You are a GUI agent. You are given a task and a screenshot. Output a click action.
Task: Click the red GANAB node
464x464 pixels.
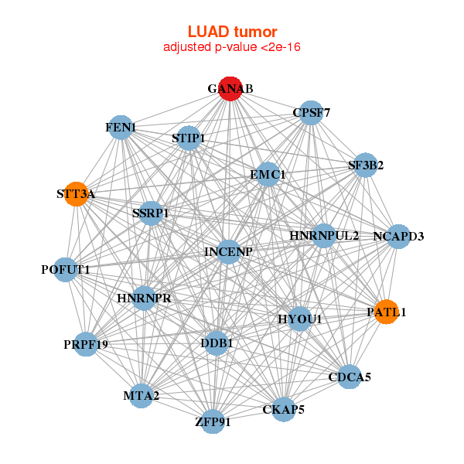coord(230,89)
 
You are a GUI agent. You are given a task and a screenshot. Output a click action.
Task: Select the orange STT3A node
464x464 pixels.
coord(76,194)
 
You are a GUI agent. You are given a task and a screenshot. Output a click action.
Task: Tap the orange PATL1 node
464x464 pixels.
coord(386,312)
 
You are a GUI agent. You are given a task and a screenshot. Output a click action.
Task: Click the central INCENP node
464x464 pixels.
coord(228,251)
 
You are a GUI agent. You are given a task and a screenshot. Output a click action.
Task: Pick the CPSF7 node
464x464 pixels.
coord(311,113)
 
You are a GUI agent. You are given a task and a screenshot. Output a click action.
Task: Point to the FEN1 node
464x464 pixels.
coord(121,127)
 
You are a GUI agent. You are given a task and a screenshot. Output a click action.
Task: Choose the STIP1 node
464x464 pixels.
coord(189,138)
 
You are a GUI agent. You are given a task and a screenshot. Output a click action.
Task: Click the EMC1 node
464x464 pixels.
coord(268,175)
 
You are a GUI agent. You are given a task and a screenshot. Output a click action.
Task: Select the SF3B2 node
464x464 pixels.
coord(365,165)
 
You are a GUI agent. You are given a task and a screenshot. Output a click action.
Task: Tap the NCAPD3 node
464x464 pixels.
coord(398,236)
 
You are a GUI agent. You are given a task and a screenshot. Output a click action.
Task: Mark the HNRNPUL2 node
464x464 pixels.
coord(324,235)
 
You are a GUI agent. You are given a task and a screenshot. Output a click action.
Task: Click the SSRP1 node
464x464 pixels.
coord(151,213)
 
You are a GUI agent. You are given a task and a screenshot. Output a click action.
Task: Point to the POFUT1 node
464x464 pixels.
coord(66,270)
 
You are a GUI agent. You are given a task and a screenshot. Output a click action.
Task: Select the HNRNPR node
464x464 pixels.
coord(145,298)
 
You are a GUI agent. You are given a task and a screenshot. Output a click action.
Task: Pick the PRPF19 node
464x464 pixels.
coord(86,344)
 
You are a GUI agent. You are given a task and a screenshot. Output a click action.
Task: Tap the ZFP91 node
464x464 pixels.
coord(213,422)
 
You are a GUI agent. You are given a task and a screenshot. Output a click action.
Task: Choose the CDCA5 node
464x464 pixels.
coord(350,377)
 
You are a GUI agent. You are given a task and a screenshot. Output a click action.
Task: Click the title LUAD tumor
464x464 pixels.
coord(232,32)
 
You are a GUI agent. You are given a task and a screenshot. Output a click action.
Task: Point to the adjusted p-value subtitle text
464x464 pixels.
coord(232,47)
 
